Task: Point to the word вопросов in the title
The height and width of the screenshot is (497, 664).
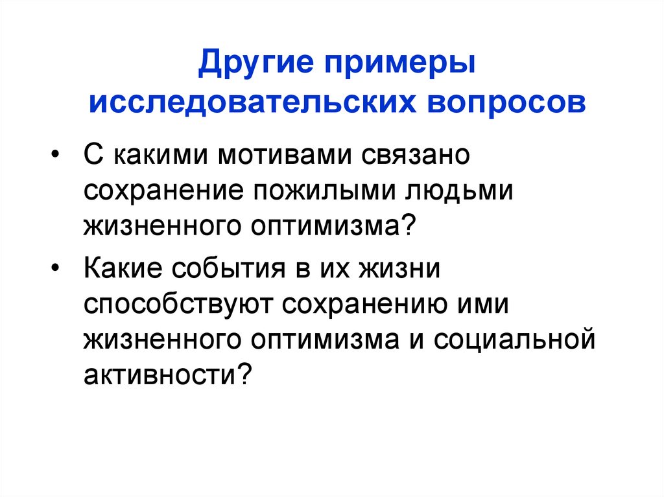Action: point(497,103)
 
